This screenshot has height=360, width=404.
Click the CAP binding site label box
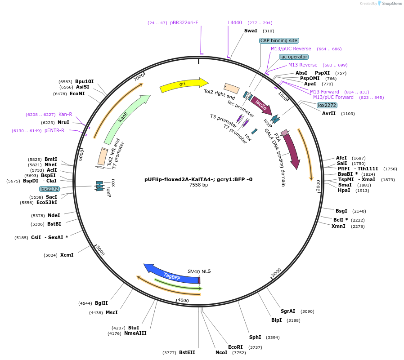tap(278, 40)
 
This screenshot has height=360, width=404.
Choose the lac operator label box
tap(294, 57)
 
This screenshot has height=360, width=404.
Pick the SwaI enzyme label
tap(251, 31)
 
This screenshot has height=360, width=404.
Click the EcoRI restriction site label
tap(235, 347)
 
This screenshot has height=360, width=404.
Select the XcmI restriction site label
tap(67, 255)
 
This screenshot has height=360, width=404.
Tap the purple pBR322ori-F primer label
tap(184, 22)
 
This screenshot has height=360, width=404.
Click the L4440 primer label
tap(235, 22)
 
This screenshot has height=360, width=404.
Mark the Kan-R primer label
tap(65, 115)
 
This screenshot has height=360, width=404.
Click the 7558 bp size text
tap(198, 185)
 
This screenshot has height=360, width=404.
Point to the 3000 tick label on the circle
tap(276, 273)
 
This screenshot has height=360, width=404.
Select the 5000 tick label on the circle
tap(100, 250)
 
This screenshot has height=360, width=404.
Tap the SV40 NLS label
tap(199, 271)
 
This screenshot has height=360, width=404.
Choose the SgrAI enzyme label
tap(288, 311)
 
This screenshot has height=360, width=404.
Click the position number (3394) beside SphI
tap(273, 337)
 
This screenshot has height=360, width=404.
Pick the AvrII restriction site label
tap(329, 114)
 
